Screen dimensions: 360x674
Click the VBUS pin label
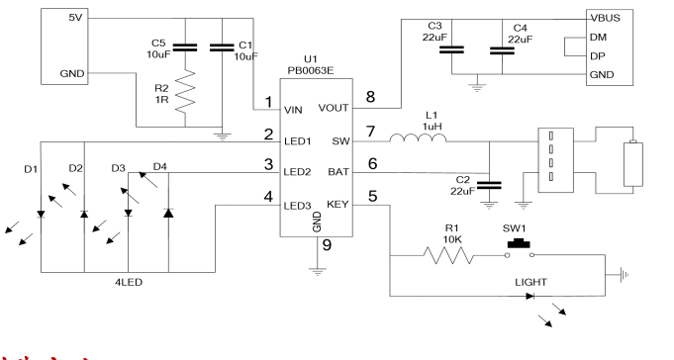tap(605, 18)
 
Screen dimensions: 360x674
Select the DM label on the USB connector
tap(598, 37)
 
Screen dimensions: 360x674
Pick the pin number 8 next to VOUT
tap(371, 97)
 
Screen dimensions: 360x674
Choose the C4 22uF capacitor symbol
tap(503, 48)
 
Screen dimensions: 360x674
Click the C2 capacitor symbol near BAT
tap(489, 184)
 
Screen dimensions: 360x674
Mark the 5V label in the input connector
tap(74, 18)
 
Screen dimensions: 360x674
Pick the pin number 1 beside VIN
tap(267, 102)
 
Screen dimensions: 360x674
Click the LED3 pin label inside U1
tap(298, 205)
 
